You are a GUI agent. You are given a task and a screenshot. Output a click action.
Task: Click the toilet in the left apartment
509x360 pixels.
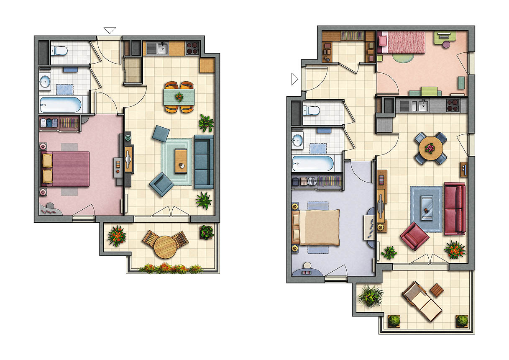coord(59,51)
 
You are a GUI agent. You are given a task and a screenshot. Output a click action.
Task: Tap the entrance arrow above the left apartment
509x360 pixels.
coord(110,30)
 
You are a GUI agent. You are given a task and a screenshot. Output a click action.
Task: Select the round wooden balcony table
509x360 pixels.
coord(165,247)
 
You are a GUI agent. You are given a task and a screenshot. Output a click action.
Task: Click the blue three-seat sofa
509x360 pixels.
coord(204,161)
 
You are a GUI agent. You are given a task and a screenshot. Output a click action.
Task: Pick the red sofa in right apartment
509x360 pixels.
coord(455,208)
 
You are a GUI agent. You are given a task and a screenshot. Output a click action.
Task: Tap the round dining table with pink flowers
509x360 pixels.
coord(430,148)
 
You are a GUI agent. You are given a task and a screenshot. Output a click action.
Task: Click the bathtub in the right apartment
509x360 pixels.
coord(313,163)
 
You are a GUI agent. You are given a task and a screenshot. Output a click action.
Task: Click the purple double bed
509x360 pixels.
coord(67,169)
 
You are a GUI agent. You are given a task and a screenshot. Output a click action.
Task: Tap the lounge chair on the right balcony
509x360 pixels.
coord(422,301)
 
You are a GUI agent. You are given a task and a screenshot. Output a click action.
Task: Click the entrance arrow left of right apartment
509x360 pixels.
coord(294,78)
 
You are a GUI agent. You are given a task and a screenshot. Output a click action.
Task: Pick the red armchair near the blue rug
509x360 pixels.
coord(414,236)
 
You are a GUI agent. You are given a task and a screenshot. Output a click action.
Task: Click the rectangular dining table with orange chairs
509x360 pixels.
coord(179,97)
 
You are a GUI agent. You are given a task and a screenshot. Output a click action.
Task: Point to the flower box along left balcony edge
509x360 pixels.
coord(171,268)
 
